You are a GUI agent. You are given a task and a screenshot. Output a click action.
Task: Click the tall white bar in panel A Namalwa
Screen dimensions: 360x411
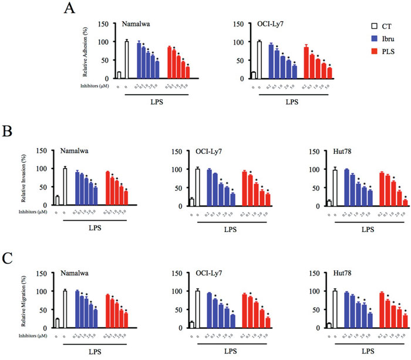(126, 60)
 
